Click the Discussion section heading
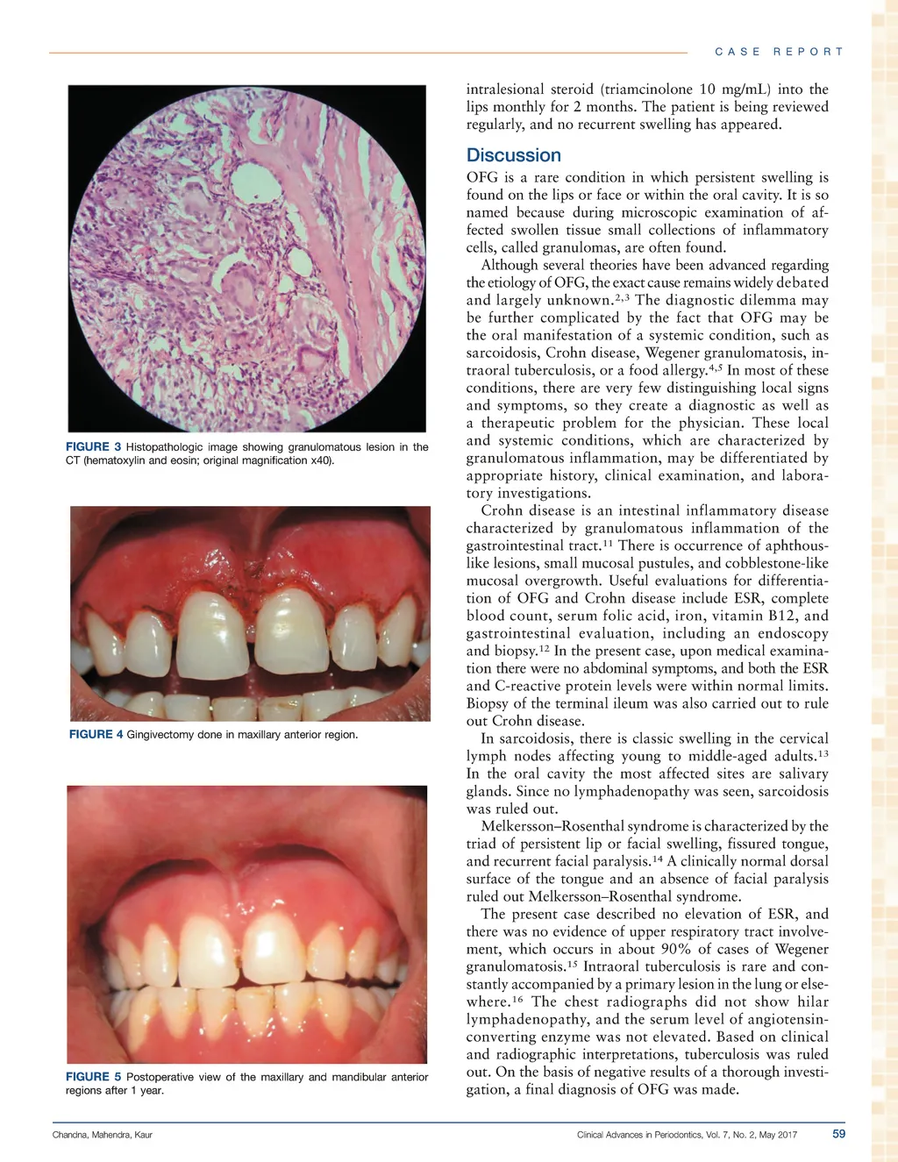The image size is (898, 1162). [513, 155]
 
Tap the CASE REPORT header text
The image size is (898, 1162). [779, 52]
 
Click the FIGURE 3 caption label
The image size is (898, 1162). [93, 447]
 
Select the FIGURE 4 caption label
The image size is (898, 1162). [96, 734]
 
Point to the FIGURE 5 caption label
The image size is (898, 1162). [93, 1077]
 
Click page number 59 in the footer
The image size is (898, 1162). [838, 1134]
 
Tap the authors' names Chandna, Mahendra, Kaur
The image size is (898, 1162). [103, 1135]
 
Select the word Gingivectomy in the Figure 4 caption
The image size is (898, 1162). [160, 734]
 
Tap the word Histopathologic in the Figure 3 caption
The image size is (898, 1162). [167, 447]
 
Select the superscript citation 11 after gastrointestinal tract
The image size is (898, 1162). [607, 543]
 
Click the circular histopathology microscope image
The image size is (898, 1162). [247, 258]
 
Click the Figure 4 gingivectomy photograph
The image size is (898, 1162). [250, 613]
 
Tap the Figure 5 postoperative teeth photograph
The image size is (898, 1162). [247, 924]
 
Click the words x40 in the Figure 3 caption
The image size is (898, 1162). [320, 460]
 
